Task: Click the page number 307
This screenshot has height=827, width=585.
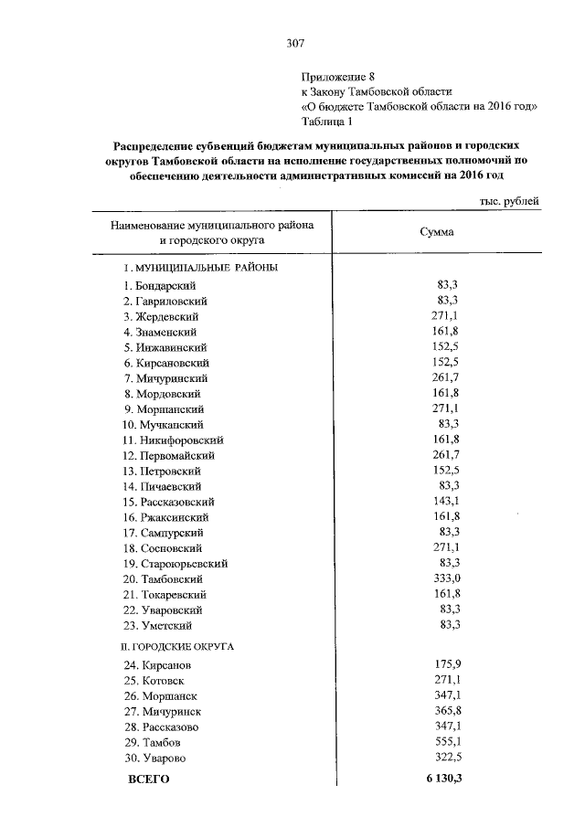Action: pos(294,43)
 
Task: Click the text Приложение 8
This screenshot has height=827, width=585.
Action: pos(338,77)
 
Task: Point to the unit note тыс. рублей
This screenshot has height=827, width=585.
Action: pos(509,201)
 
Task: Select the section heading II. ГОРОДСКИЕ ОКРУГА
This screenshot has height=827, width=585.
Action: pos(179,646)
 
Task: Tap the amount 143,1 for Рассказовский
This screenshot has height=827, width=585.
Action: pos(444,502)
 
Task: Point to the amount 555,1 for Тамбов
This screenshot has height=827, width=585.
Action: pos(444,742)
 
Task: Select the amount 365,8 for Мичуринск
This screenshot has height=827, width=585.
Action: pos(444,711)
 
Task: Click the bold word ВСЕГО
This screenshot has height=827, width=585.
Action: pos(148,779)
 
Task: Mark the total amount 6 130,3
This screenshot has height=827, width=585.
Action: pos(441,779)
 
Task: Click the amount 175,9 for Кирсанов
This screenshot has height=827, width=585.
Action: pos(444,665)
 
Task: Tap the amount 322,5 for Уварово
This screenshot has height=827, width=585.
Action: pos(444,758)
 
